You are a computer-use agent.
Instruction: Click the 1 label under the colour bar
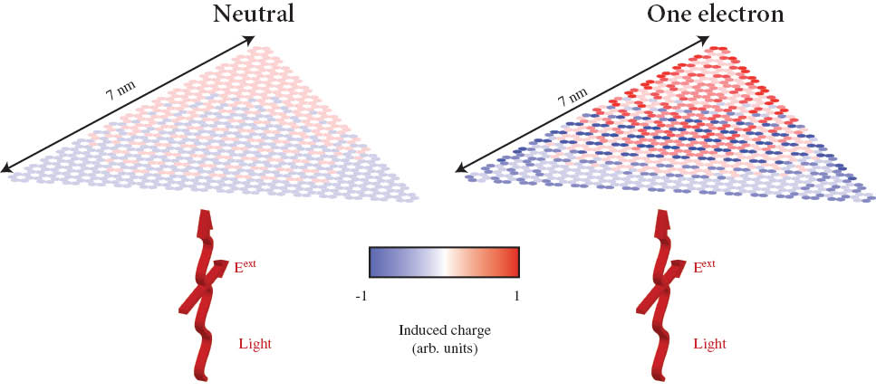(x=514, y=292)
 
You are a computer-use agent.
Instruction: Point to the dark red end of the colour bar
(x=509, y=262)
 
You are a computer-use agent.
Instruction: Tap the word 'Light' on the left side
(x=255, y=344)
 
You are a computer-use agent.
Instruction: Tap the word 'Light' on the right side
(x=709, y=344)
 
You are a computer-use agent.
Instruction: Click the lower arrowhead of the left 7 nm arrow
(x=8, y=167)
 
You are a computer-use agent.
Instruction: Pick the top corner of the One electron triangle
(x=720, y=48)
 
